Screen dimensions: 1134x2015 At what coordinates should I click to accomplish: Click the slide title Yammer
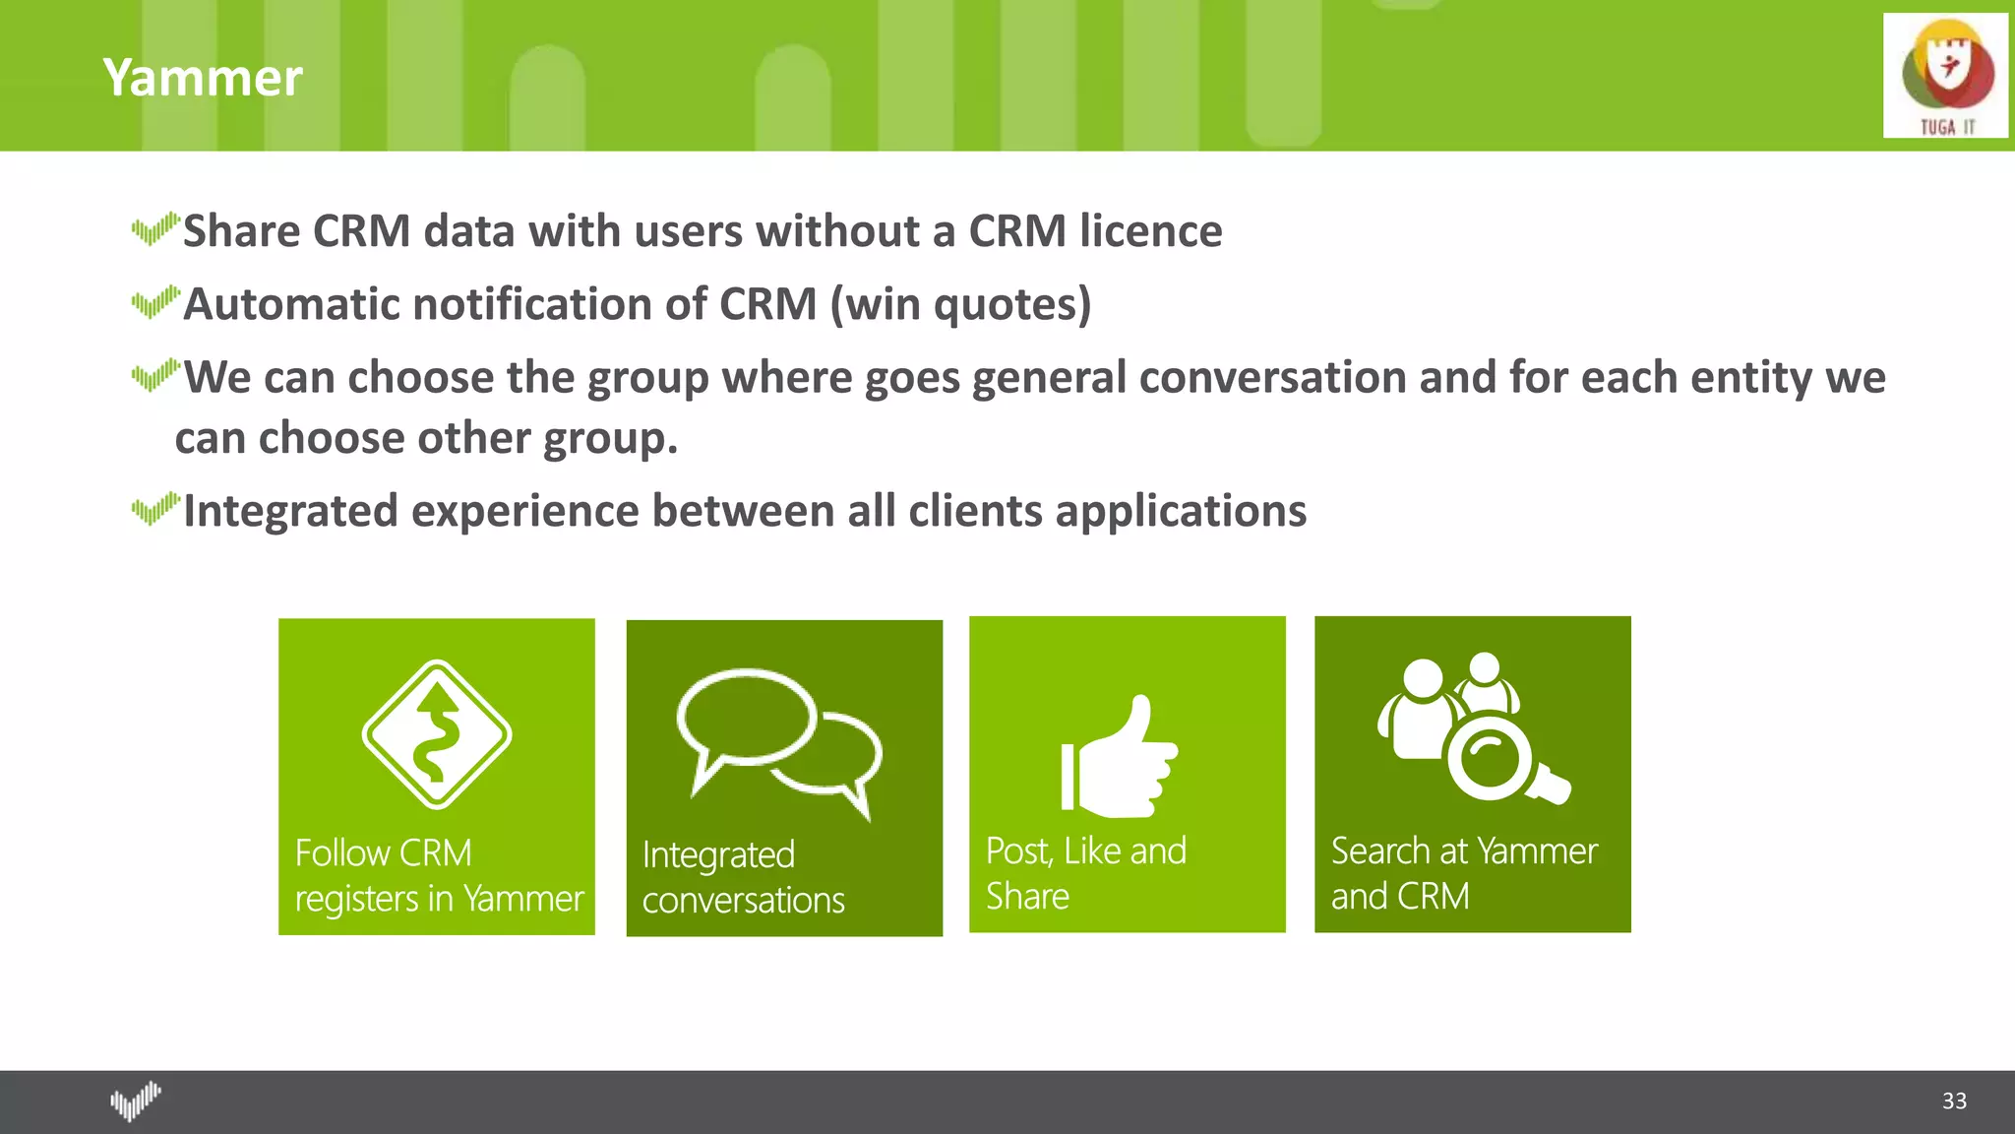[203, 78]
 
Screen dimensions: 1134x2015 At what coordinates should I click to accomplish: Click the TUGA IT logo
[1945, 76]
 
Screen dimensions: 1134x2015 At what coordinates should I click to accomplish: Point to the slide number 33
[1954, 1101]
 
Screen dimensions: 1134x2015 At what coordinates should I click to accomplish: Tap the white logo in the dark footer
[135, 1101]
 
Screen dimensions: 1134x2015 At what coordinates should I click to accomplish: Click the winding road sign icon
[437, 734]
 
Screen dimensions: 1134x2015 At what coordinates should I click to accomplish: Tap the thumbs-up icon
[1120, 758]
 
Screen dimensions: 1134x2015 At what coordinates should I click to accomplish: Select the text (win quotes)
[960, 304]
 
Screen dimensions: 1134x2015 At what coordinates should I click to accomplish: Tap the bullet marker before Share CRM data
[154, 228]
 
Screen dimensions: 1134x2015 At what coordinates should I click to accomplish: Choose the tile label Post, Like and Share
[1085, 873]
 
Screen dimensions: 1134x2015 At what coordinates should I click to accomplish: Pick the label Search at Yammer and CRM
[1463, 873]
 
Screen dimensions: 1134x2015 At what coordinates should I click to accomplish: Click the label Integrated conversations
[743, 877]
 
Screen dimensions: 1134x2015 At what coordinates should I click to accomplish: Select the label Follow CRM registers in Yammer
[438, 875]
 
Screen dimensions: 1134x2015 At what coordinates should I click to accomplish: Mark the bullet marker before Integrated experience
[154, 509]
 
